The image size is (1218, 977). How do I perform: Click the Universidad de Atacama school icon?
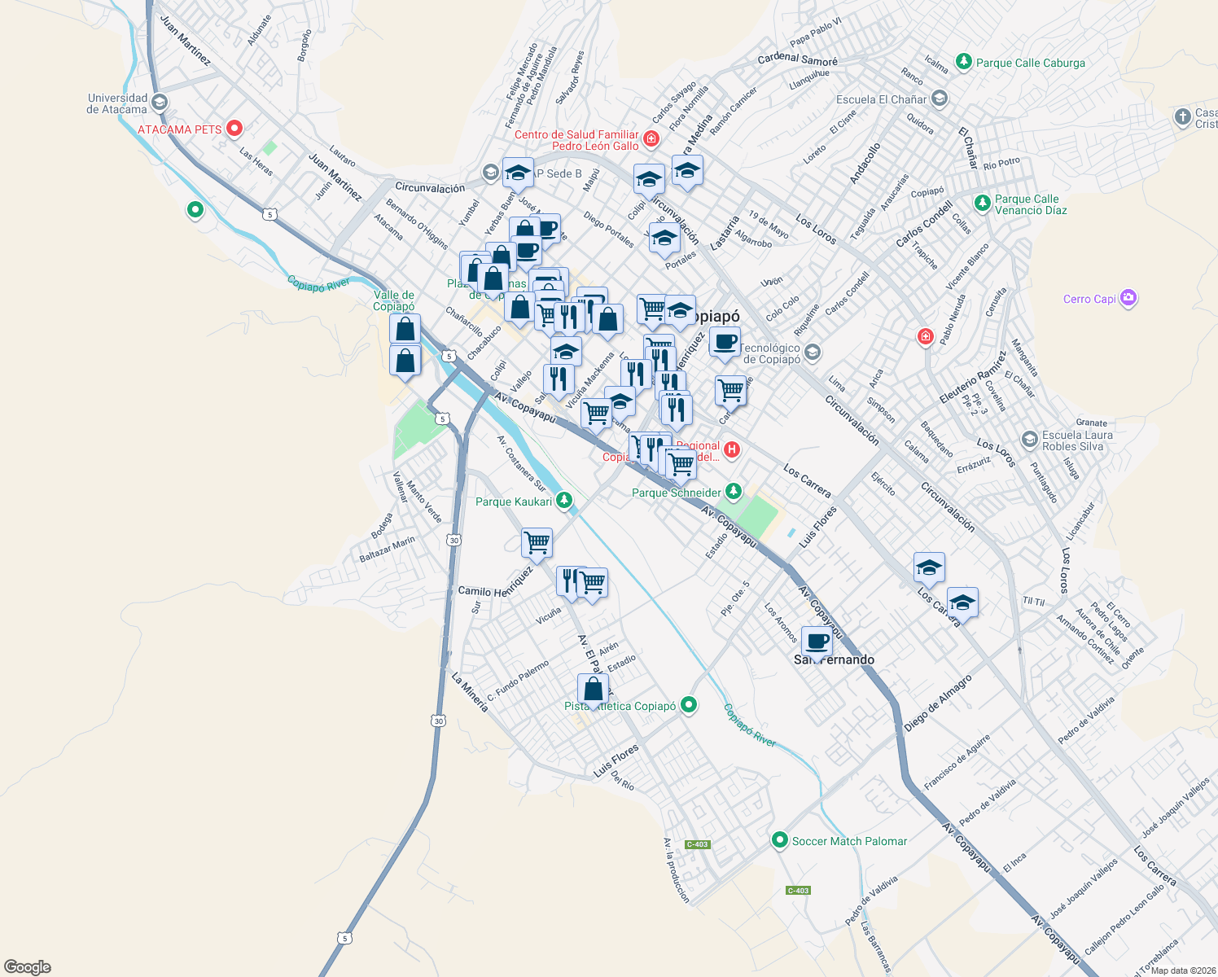160,103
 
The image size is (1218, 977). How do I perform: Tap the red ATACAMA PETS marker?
234,129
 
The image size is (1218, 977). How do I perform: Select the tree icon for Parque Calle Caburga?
964,62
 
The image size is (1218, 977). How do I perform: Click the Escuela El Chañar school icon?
940,99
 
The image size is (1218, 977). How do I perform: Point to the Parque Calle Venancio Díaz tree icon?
983,202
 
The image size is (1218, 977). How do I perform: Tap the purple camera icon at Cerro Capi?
1128,298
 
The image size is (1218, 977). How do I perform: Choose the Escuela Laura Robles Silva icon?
1030,440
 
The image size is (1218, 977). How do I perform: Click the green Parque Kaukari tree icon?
564,500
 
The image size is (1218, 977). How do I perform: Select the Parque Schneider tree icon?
734,491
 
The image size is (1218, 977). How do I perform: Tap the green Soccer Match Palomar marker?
780,839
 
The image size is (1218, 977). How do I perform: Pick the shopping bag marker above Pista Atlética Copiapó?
594,689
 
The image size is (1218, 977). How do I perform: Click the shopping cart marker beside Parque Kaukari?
537,542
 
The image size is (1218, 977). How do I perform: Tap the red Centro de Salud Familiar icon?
651,140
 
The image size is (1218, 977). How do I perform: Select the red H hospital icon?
732,449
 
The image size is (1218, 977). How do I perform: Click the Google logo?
28,967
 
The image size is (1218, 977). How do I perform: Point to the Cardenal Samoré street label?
797,59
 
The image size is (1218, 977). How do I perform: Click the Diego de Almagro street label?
938,703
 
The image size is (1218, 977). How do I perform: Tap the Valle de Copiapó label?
394,300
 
